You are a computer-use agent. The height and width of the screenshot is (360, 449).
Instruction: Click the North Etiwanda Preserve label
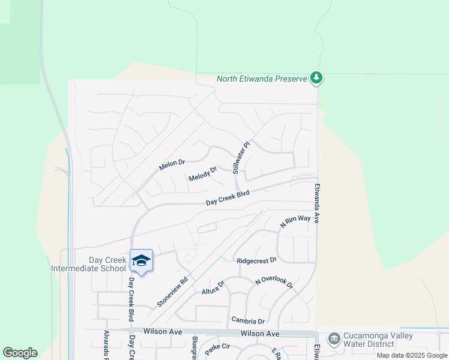pyautogui.click(x=262, y=78)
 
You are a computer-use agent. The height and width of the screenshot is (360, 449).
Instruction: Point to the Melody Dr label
pyautogui.click(x=202, y=174)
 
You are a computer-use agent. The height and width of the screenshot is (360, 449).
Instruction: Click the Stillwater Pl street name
pyautogui.click(x=241, y=158)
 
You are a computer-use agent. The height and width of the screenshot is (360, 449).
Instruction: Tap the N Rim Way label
pyautogui.click(x=296, y=221)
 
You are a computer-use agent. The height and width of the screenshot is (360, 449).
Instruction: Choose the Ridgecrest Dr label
pyautogui.click(x=256, y=261)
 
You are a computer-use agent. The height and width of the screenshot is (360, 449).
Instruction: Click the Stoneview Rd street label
pyautogui.click(x=173, y=292)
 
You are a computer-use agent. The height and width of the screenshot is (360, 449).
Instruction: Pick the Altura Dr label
pyautogui.click(x=212, y=287)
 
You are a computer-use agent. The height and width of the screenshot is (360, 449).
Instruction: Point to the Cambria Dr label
pyautogui.click(x=248, y=321)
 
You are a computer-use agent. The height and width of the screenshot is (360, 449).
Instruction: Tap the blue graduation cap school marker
pyautogui.click(x=141, y=260)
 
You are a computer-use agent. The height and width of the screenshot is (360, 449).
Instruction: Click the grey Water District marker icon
pyautogui.click(x=334, y=340)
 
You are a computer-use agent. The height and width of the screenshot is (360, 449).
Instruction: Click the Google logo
pyautogui.click(x=20, y=353)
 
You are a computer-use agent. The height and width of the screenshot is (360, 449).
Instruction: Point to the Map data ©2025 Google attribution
pyautogui.click(x=412, y=355)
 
